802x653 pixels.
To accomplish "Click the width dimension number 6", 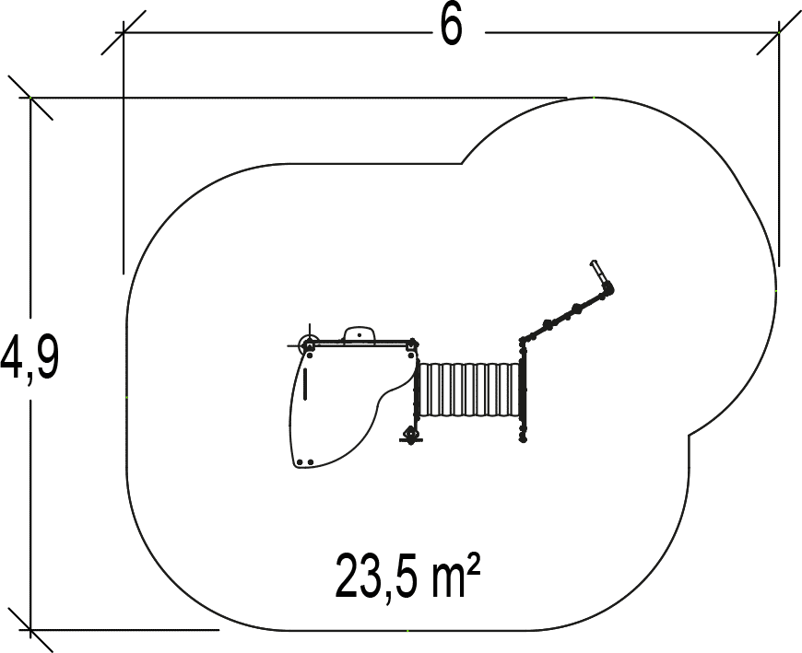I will click(450, 27).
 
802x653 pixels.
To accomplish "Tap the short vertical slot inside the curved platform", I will click(305, 384).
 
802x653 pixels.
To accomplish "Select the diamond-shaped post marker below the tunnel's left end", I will click(411, 434).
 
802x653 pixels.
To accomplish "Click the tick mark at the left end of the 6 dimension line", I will click(123, 34).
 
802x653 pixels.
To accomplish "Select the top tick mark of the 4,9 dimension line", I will click(31, 97).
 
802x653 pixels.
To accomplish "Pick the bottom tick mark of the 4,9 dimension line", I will click(31, 630).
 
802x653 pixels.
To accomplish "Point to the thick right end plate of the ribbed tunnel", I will click(522, 393).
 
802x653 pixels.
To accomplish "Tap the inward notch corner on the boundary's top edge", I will click(462, 164).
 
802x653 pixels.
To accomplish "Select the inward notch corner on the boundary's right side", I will click(690, 434).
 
